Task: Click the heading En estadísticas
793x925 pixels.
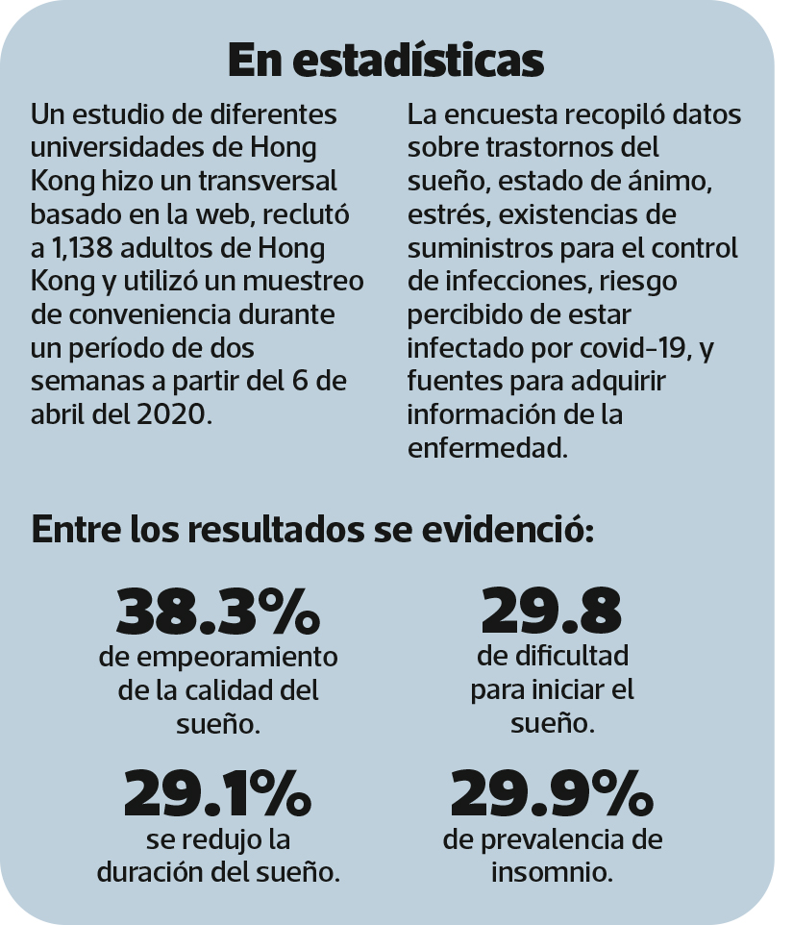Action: click(x=386, y=61)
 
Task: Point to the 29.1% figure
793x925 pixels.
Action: click(x=217, y=792)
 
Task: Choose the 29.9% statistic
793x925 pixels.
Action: click(x=552, y=792)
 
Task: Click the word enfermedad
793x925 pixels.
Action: click(x=485, y=447)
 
